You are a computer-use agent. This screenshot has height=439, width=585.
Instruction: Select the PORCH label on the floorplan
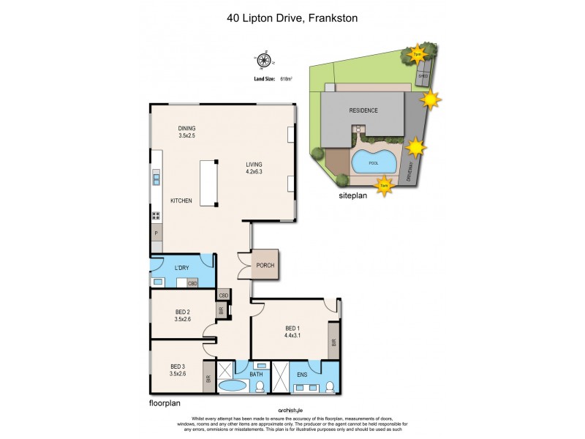click(x=265, y=266)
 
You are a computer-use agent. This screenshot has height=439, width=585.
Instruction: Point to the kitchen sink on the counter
click(x=156, y=179)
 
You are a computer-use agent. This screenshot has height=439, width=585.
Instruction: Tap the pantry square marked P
click(x=156, y=233)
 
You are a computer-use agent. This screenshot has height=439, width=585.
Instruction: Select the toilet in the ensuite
click(x=329, y=386)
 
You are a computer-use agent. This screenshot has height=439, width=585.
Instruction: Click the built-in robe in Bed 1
click(x=333, y=342)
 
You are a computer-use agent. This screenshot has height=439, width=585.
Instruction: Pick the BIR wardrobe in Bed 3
click(x=208, y=378)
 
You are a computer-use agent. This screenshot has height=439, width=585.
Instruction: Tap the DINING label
click(x=187, y=129)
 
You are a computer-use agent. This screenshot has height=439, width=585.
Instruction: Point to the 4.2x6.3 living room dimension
click(x=254, y=173)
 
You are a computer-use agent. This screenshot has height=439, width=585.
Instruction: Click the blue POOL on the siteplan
click(x=374, y=162)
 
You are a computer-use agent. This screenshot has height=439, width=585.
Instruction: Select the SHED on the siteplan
click(x=422, y=75)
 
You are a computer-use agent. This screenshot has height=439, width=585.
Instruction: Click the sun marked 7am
click(x=384, y=188)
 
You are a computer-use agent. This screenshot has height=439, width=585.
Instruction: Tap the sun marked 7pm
click(x=417, y=53)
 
